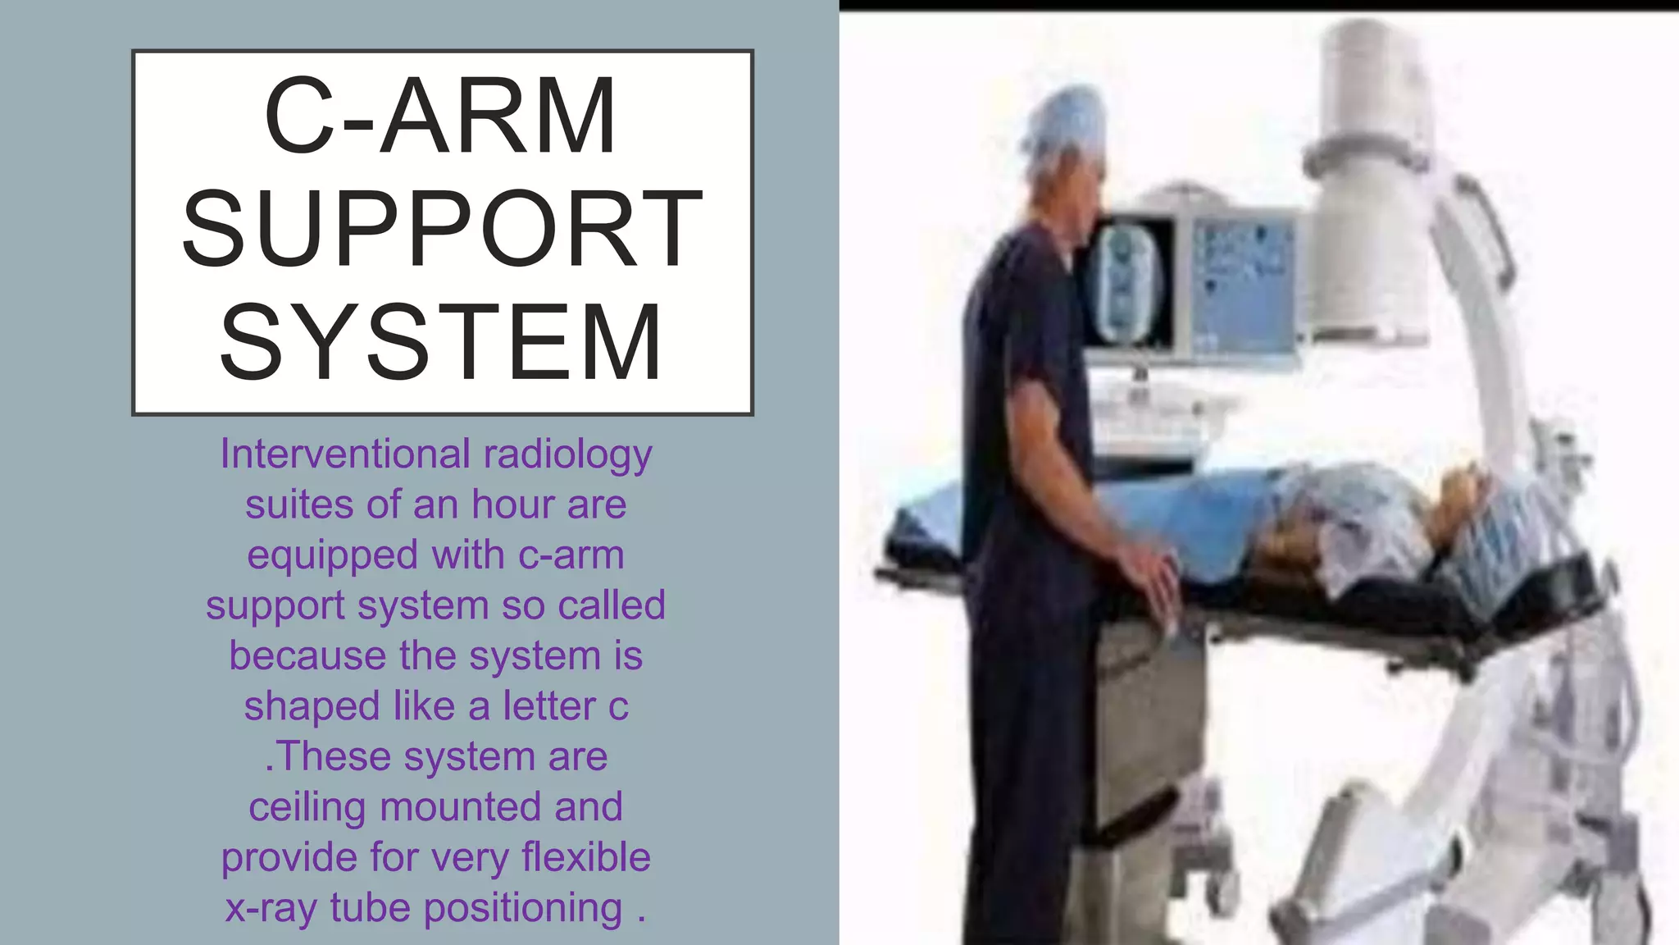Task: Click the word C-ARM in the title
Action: [x=440, y=116]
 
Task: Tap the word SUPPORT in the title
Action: [x=442, y=229]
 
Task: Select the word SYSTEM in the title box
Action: [x=441, y=342]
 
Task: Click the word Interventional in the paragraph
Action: [x=345, y=454]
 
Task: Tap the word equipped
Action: [x=334, y=556]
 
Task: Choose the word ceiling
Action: [x=308, y=807]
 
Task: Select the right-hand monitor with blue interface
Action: [x=1242, y=283]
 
